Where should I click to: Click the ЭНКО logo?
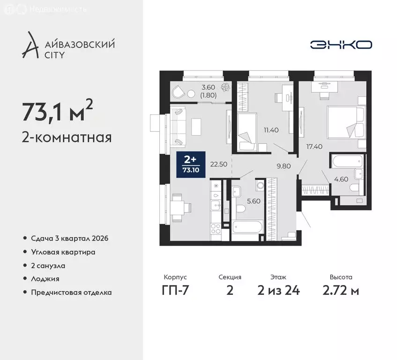click(x=341, y=45)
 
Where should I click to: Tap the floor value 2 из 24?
click(x=278, y=291)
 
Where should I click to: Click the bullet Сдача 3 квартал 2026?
click(x=69, y=239)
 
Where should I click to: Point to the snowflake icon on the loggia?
click(x=226, y=87)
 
